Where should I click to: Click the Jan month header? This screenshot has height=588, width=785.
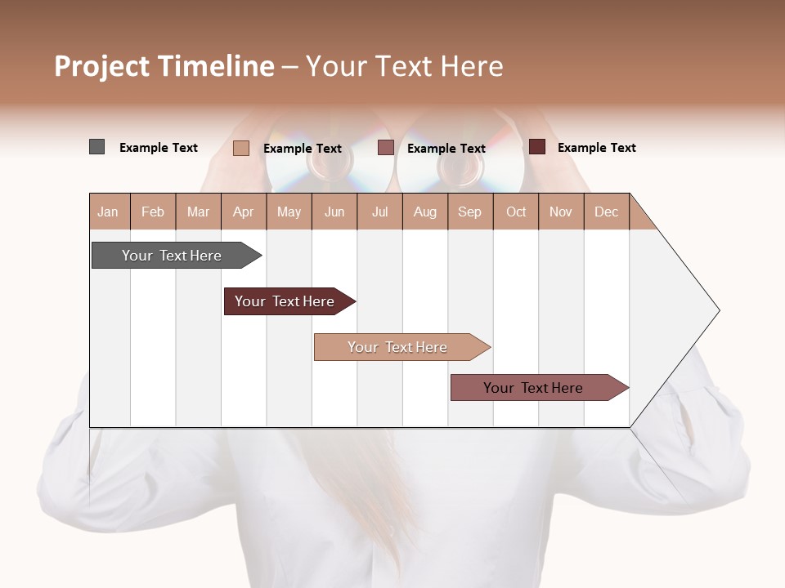(x=108, y=212)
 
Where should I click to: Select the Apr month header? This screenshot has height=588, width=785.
(x=244, y=212)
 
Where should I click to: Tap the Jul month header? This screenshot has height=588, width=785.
(x=380, y=212)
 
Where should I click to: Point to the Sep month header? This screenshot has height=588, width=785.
(x=469, y=212)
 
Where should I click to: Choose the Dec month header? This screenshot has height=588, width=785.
(x=606, y=212)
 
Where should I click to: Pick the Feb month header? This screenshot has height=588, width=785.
(x=153, y=212)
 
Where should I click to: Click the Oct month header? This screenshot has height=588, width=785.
(x=516, y=212)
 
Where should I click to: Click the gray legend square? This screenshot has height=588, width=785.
(x=96, y=147)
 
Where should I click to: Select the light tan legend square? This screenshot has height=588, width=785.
(x=240, y=148)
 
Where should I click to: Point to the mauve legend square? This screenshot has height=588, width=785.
(x=386, y=148)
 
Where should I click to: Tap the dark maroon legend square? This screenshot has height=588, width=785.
(x=536, y=147)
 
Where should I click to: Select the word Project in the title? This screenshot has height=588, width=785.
(x=101, y=66)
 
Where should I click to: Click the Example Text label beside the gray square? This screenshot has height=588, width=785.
(x=159, y=148)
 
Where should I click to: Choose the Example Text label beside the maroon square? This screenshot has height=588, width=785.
(x=597, y=148)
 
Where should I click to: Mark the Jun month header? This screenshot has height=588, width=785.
(x=334, y=212)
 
